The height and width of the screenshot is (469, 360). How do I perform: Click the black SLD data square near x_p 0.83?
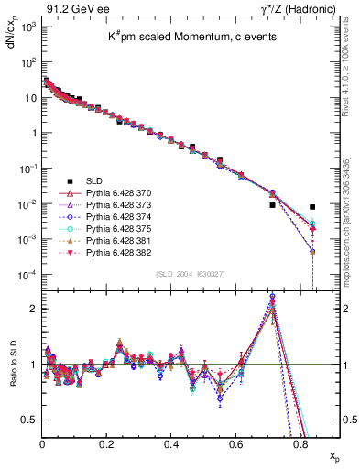(313, 207)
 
